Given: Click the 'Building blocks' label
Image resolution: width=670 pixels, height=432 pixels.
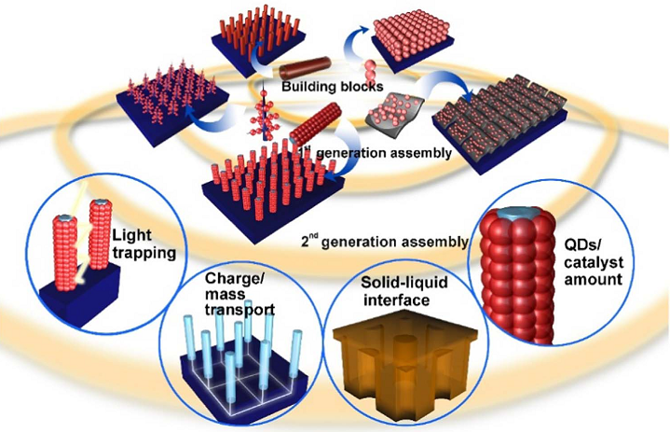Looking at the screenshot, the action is tap(332, 87).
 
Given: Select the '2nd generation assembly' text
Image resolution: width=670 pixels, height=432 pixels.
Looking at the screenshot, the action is tap(384, 242).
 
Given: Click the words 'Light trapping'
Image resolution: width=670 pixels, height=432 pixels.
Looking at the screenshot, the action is tap(144, 244).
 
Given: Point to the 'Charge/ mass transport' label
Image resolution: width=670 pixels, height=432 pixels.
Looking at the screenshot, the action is tap(239, 294).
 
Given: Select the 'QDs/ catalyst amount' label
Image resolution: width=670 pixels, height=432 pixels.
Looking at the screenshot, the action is tap(593, 262).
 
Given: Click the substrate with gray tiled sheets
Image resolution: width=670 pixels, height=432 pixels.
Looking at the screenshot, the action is tap(499, 124).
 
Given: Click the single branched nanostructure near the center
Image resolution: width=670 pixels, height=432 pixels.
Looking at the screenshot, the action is tap(267, 115).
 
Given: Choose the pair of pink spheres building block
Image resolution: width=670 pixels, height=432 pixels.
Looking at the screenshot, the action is tap(370, 71).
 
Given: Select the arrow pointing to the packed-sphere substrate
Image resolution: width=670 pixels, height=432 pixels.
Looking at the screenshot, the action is tap(356, 44).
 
